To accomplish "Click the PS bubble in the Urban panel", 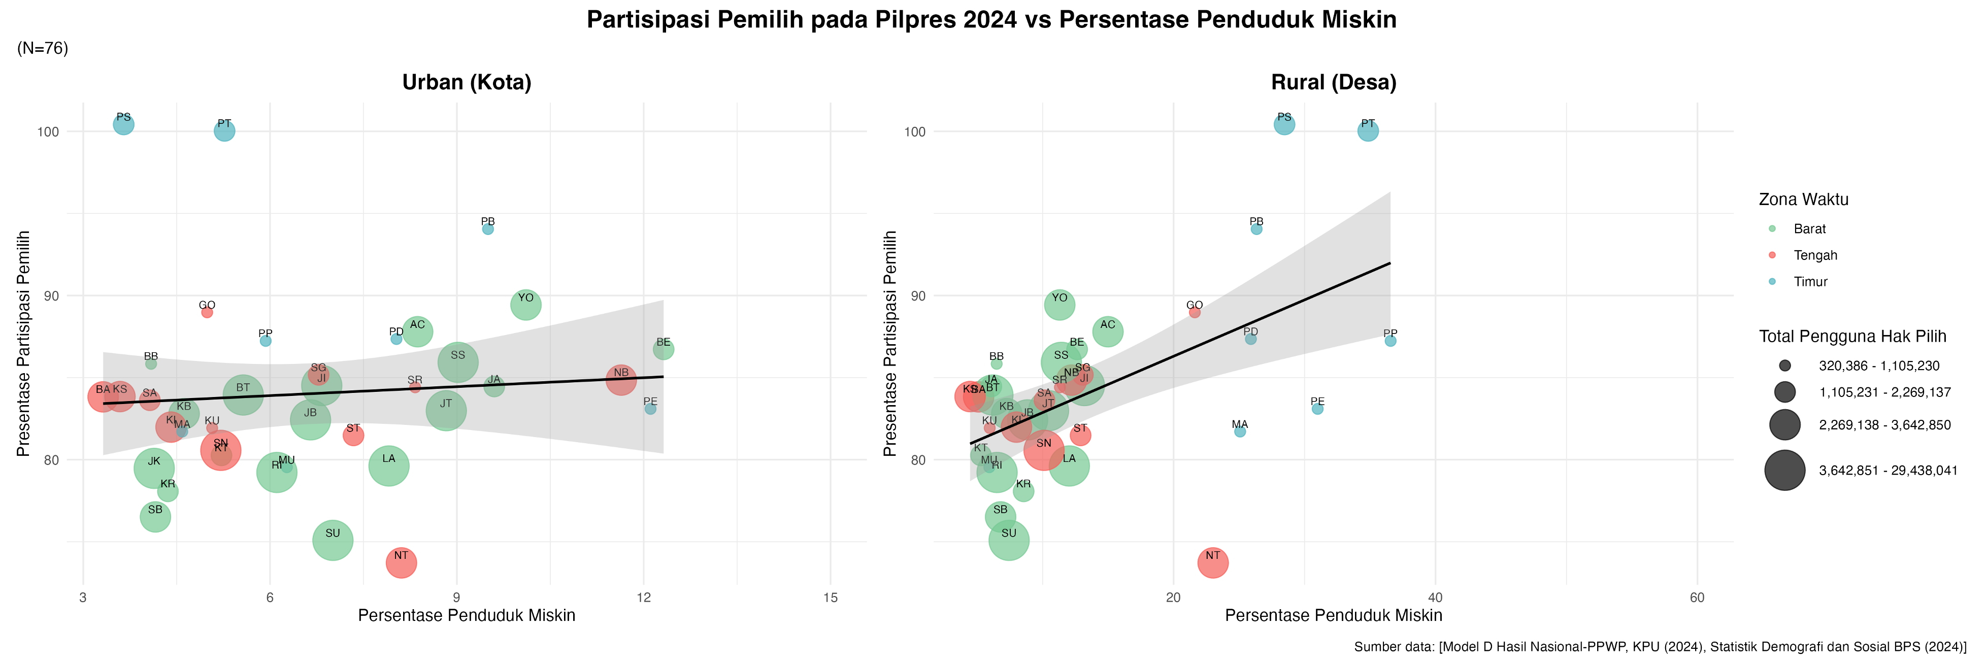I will pos(123,124).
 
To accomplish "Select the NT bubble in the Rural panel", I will pos(1213,563).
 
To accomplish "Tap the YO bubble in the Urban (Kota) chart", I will pos(526,305).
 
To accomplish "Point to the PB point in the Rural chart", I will pos(1256,229).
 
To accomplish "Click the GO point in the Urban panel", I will pos(207,312).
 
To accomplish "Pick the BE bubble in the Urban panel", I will pos(663,349).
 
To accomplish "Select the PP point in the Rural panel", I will pos(1390,341).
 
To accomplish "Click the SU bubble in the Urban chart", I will pos(333,541).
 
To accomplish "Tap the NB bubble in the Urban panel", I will pos(620,379).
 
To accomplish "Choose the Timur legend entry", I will pos(1809,281).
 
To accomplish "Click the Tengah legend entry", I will pos(1815,255).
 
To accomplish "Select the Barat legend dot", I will pos(1772,229).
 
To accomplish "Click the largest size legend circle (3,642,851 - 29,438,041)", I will pos(1785,471).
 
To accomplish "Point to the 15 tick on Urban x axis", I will pos(831,597).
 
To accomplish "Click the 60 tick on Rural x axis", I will pos(1697,597).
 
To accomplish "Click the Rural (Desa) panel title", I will pos(1333,83).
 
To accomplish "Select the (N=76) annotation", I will pos(43,49).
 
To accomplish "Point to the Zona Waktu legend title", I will pos(1803,200).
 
